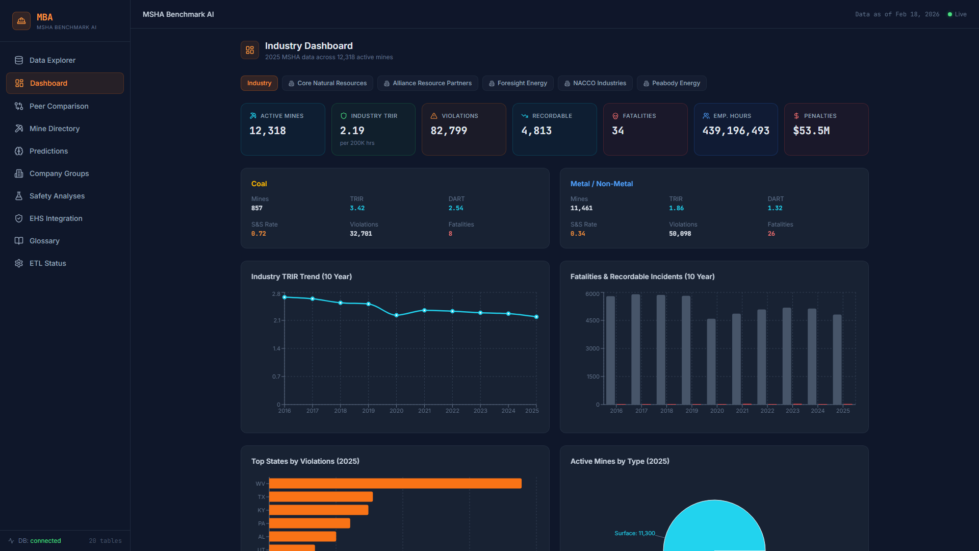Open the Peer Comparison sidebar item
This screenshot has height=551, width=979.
tap(59, 106)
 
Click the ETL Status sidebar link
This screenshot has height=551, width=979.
tap(47, 263)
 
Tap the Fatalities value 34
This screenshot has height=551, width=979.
tap(617, 131)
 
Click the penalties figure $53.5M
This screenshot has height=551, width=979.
tap(811, 131)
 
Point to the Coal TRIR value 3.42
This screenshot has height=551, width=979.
tap(357, 208)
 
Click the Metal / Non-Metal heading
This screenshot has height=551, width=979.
tap(601, 184)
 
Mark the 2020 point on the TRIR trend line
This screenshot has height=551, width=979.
tap(396, 315)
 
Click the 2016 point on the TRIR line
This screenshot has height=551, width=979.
tap(285, 297)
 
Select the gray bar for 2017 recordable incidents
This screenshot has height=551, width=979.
tap(635, 349)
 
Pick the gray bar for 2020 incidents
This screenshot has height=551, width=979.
tap(711, 362)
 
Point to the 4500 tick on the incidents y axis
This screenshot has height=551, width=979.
tap(592, 320)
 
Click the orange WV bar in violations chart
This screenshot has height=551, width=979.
tap(395, 483)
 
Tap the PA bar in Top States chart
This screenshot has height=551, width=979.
tap(310, 523)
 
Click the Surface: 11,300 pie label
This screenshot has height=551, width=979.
tap(634, 533)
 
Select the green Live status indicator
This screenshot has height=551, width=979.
tap(957, 14)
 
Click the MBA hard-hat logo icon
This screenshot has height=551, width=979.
tap(21, 21)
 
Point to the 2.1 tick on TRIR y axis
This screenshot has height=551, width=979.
tap(277, 320)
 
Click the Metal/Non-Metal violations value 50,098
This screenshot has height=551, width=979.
tap(680, 234)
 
